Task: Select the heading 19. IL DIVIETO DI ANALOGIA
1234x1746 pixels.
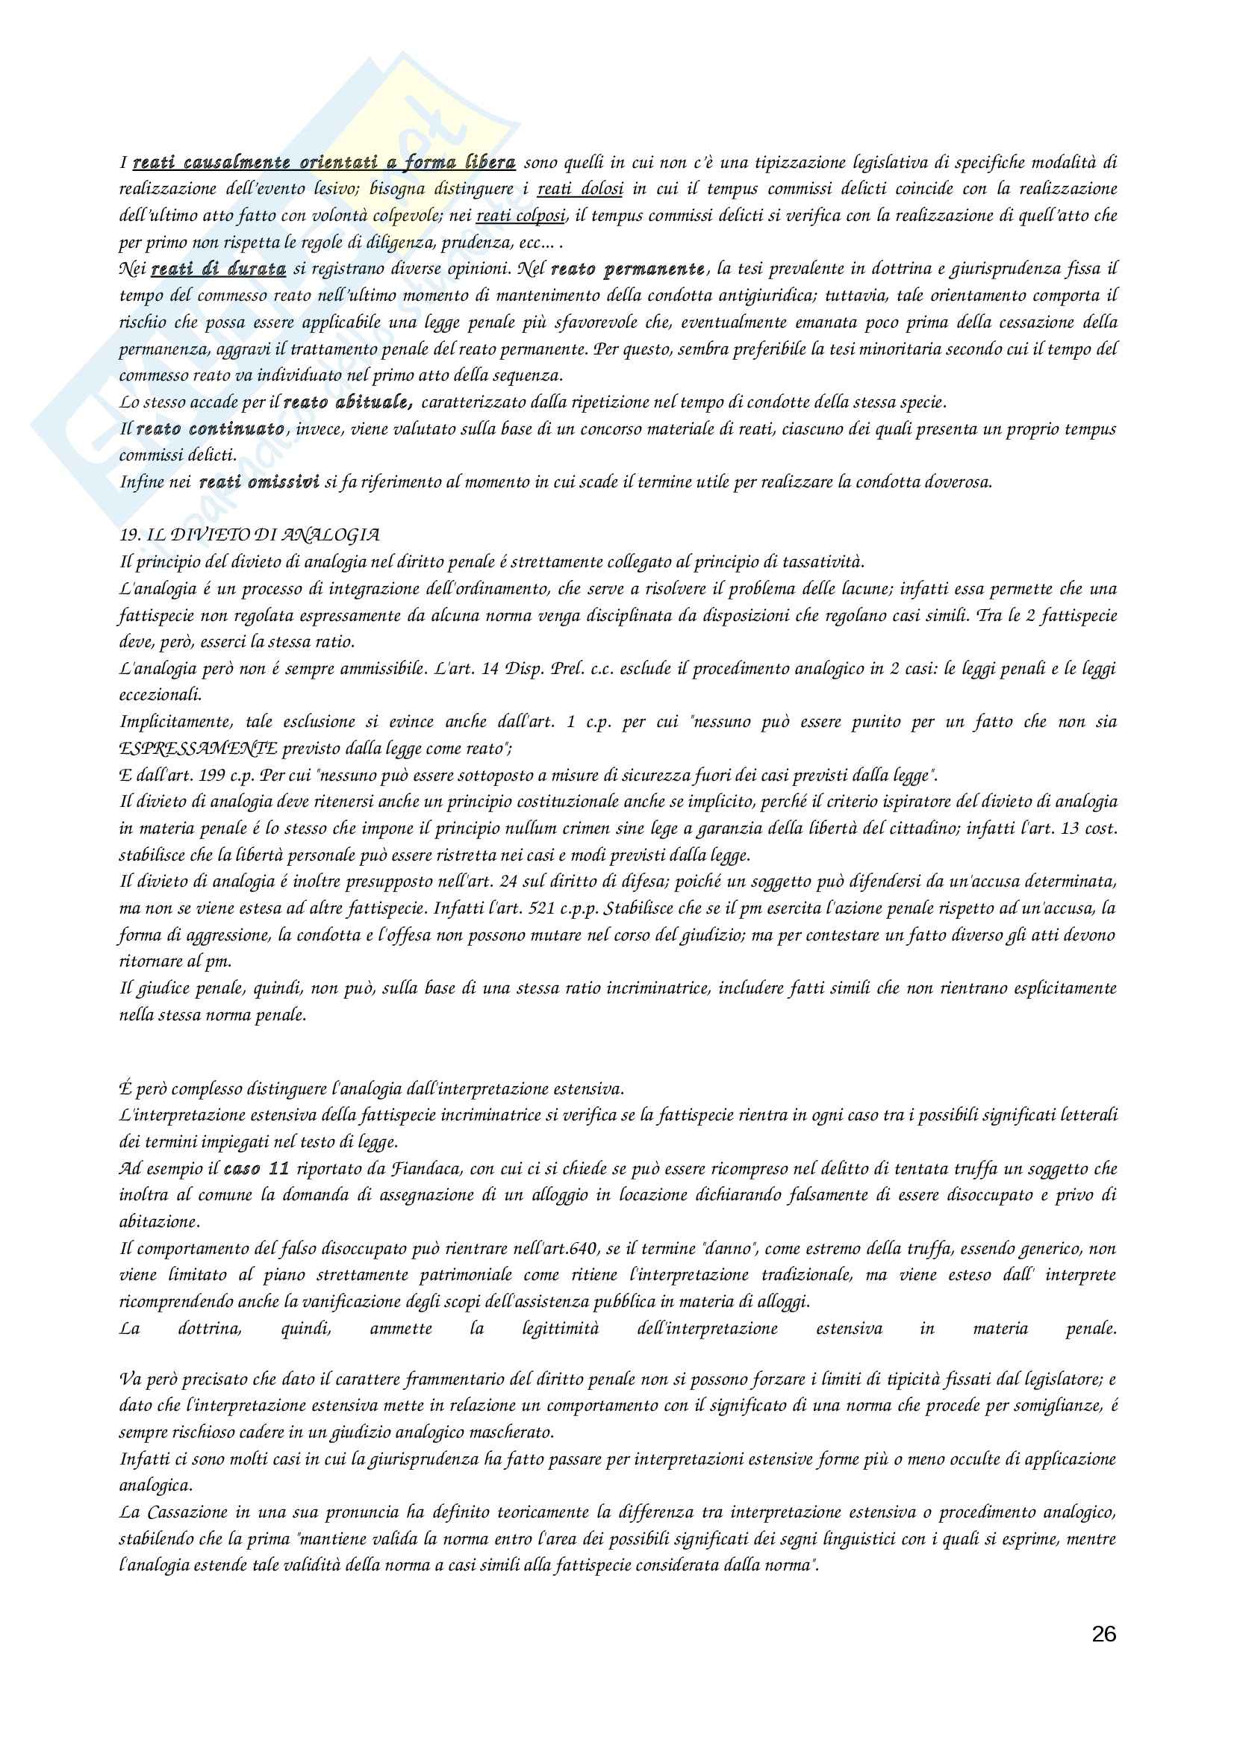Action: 249,534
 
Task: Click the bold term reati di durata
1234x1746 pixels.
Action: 218,269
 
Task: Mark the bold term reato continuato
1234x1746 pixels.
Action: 211,429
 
